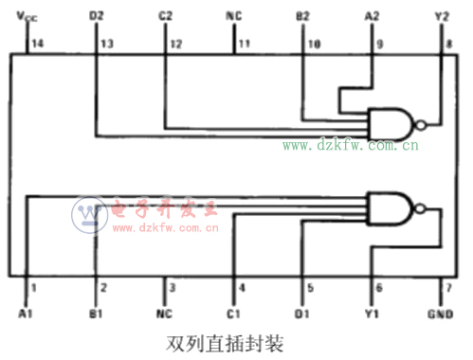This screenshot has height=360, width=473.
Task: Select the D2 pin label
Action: [x=96, y=16]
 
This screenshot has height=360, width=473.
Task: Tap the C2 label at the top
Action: [x=165, y=16]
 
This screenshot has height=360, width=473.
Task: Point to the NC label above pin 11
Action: [x=234, y=16]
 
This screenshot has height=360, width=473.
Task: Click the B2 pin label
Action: [x=302, y=16]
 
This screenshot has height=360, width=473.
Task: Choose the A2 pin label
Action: [x=372, y=16]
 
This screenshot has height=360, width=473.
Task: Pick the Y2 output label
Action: [x=441, y=16]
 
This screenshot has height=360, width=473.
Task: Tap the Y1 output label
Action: [x=373, y=315]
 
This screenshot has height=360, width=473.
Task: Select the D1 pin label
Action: [x=303, y=315]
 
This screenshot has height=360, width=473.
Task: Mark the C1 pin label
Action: [x=234, y=315]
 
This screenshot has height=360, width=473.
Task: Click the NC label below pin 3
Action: [x=165, y=315]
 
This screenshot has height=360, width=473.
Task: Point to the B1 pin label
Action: [x=96, y=315]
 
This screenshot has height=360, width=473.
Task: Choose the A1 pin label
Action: [x=26, y=315]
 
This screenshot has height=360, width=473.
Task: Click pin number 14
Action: [x=37, y=44]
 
